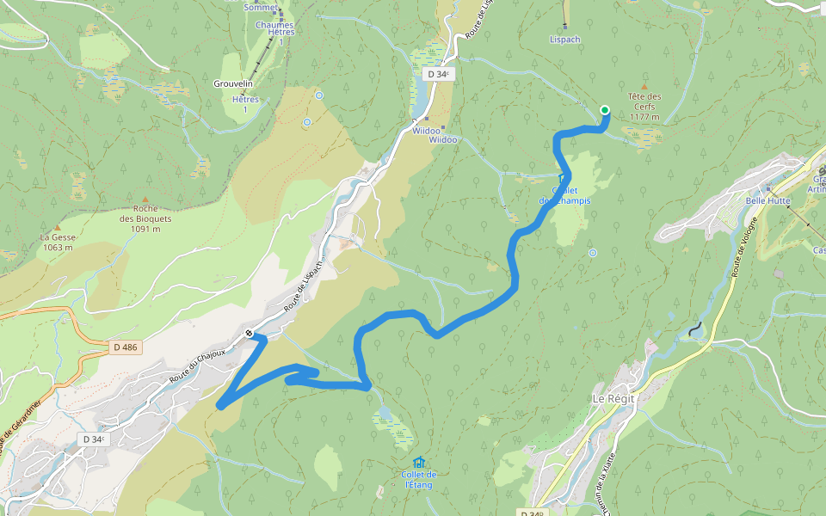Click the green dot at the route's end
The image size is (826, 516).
(x=605, y=109)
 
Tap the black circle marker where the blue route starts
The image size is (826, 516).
(x=249, y=334)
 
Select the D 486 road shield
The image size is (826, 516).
(x=125, y=347)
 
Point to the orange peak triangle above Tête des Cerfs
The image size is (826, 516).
(x=644, y=86)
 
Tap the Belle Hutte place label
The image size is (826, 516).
(x=767, y=200)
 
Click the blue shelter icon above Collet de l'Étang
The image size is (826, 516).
(x=418, y=462)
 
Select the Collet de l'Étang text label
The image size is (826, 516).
(x=419, y=480)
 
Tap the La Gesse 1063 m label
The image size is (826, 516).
(x=58, y=242)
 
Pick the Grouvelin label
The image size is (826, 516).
(x=232, y=83)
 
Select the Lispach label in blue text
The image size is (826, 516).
(x=565, y=40)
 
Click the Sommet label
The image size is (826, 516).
(x=261, y=7)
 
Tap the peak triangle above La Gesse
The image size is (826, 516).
(x=58, y=226)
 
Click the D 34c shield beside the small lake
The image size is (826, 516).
(x=437, y=74)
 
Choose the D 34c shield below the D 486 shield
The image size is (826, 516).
(x=95, y=439)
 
